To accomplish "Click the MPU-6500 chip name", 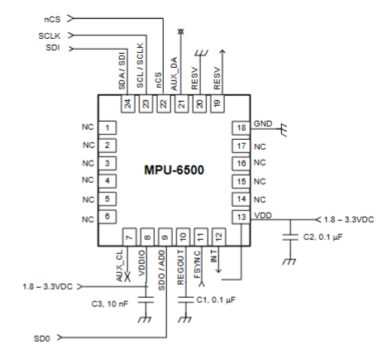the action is pos(174,170).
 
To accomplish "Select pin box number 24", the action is pos(128,104).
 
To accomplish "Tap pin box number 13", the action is pos(242,218).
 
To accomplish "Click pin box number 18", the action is pos(242,128).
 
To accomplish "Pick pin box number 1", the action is pos(108,128).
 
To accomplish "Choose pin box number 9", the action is pos(165,237).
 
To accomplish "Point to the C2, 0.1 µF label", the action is pos(323,238).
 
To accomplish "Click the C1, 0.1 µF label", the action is pos(216,300).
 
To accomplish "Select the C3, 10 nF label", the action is pos(110,304).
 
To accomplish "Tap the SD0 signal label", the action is pos(42,338).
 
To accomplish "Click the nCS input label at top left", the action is pos(52,20).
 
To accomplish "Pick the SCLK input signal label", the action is pos(50,36).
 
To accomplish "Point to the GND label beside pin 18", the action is pos(263,123).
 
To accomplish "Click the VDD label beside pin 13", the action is pos(263,215).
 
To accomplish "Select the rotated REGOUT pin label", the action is pos(180,267).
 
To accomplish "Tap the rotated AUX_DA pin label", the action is pos(174,74).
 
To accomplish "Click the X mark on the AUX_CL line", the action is pos(127,276).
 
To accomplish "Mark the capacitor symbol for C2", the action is pos(290,238).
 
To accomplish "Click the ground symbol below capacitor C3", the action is pos(145,319).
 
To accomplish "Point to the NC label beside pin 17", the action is pos(260,146).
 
